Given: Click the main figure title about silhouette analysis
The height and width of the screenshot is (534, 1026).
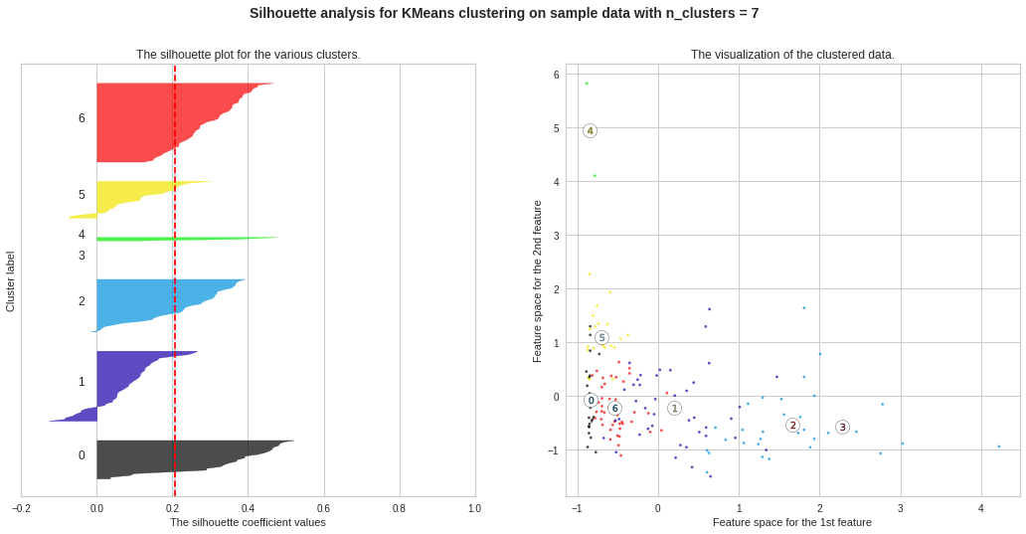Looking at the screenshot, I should (x=503, y=13).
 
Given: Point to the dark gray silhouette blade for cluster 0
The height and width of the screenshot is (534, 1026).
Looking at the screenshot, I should (x=169, y=457).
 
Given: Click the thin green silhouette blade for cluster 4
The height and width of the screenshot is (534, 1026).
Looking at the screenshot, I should (x=179, y=239).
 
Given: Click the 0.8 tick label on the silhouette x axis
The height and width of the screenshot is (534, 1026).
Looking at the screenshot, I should (x=399, y=508).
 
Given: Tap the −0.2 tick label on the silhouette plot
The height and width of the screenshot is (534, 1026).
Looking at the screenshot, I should (x=21, y=508).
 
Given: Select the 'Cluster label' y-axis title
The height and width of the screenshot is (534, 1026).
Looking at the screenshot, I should (x=11, y=281).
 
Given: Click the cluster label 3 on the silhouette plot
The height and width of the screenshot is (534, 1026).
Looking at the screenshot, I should (x=82, y=256).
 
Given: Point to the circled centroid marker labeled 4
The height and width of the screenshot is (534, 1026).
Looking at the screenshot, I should (x=590, y=130).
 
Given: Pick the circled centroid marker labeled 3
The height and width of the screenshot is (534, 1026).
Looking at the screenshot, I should (x=842, y=427).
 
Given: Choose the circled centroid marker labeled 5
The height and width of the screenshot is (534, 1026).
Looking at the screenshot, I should (x=601, y=337).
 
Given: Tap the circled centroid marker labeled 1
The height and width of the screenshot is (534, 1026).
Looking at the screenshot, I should (x=674, y=408).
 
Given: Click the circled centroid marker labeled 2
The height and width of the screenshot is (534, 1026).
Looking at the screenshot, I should (x=792, y=425).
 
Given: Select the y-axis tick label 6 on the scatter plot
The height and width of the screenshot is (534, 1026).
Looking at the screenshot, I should (x=557, y=75).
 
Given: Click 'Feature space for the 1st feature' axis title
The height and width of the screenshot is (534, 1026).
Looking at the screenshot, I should (x=791, y=522).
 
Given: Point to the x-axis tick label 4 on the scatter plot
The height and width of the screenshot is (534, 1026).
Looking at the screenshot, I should (x=981, y=508).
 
